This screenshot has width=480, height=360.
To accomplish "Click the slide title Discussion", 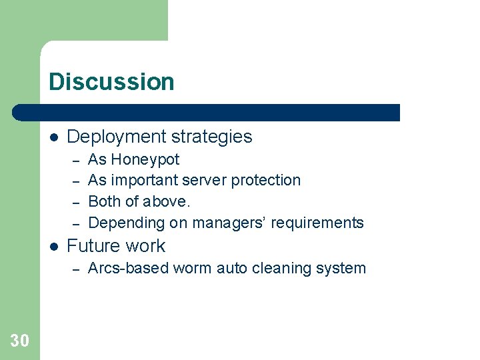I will click(111, 82).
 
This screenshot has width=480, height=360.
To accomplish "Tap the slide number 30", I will click(20, 341).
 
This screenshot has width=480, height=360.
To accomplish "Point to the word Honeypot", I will click(145, 160).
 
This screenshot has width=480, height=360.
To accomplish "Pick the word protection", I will click(266, 181).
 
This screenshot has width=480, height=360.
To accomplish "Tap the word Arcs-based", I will click(128, 269).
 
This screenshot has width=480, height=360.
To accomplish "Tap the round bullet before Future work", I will click(54, 247).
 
